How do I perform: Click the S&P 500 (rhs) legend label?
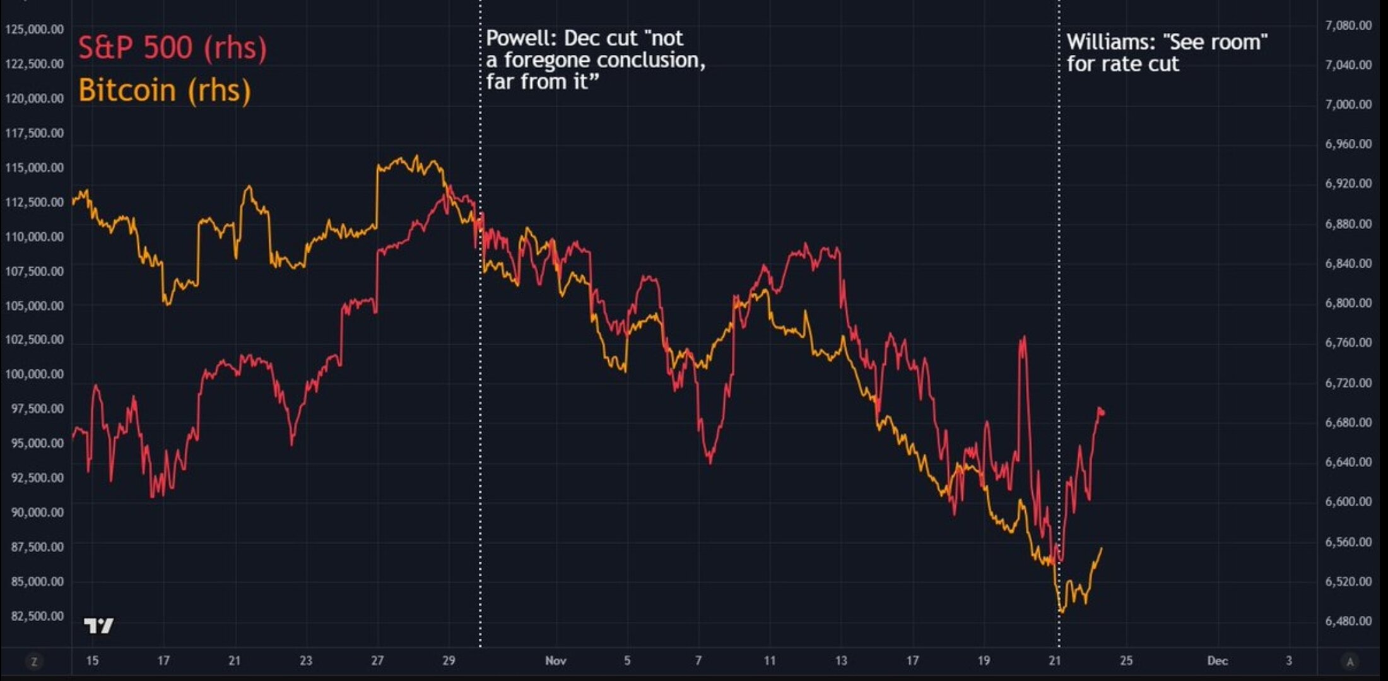[x=172, y=48]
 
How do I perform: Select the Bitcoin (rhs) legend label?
[x=165, y=90]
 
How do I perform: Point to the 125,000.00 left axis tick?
[x=35, y=30]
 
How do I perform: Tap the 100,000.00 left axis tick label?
[x=35, y=374]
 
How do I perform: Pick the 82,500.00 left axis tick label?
[x=37, y=616]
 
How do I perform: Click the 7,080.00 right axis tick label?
[x=1348, y=25]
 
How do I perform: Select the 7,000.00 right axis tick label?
[x=1348, y=104]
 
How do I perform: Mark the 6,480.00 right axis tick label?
[x=1348, y=621]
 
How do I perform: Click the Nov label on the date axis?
[x=556, y=661]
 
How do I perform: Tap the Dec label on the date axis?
[x=1217, y=661]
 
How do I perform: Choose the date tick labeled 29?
[x=449, y=661]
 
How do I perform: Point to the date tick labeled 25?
[x=1126, y=661]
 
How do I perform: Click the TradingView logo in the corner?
[x=98, y=625]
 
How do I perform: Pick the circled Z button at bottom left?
[x=34, y=661]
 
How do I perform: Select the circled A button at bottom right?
[x=1350, y=661]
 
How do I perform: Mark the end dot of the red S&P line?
[x=1102, y=413]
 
